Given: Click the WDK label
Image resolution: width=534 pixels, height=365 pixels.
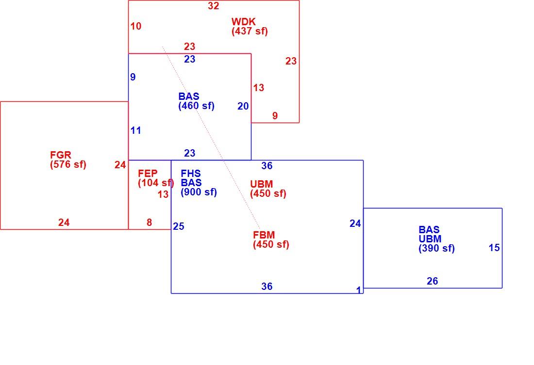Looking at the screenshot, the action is (244, 22).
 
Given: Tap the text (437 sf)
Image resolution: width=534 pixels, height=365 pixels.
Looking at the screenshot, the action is (250, 32).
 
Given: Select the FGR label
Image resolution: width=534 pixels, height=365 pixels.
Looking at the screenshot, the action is (61, 155).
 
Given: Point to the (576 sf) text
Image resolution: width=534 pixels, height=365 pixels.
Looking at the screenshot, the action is (68, 165).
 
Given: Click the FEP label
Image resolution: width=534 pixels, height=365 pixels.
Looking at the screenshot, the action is (148, 174).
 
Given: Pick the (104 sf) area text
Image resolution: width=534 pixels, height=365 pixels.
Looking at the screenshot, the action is (156, 183).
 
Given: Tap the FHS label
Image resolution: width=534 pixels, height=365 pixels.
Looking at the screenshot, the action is (191, 174).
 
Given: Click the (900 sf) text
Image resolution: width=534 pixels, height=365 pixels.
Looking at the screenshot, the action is (199, 192).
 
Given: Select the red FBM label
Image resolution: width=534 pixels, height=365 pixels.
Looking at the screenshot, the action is (264, 235).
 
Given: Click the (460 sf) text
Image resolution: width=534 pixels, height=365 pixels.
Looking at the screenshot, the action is (197, 106).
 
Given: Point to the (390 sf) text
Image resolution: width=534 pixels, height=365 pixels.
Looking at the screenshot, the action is (436, 248).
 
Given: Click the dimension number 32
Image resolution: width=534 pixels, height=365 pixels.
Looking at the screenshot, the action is (214, 6).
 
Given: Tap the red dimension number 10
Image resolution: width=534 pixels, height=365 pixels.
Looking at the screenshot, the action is (136, 26).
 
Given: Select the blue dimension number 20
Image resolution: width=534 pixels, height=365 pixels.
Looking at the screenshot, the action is (243, 107).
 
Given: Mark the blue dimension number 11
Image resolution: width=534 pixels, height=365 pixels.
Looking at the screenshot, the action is (135, 130).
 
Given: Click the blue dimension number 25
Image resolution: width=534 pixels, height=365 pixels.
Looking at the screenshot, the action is (179, 226).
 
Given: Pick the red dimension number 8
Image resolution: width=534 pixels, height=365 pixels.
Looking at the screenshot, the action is (149, 222).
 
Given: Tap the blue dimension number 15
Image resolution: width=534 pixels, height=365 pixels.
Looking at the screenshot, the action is (494, 248).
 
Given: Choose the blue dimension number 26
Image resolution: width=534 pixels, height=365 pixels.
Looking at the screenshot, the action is (433, 281).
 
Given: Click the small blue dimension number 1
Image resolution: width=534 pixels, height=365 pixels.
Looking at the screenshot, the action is (359, 290).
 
